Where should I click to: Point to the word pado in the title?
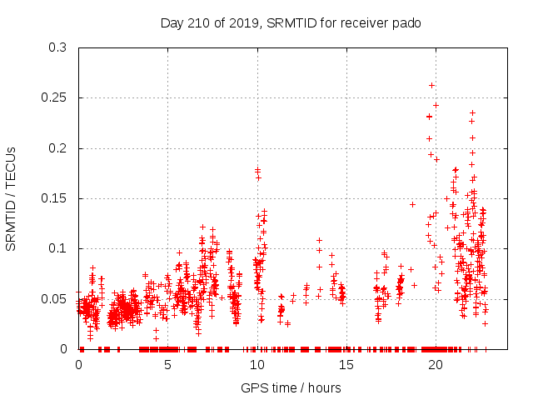[407, 22]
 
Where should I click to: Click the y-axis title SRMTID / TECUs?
[12, 198]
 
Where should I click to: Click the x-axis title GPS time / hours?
[291, 387]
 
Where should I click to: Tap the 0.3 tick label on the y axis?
[58, 48]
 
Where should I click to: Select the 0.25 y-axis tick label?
[55, 98]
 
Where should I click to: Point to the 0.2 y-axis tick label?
[58, 148]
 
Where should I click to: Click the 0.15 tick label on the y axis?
[55, 198]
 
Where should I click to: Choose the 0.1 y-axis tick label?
[58, 248]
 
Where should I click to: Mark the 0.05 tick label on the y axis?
[55, 298]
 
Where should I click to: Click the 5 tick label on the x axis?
[167, 365]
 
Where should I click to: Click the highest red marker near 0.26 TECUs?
[431, 85]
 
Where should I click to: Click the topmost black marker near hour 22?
[472, 112]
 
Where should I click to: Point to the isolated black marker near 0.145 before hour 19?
[412, 204]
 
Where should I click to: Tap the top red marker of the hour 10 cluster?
[257, 170]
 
